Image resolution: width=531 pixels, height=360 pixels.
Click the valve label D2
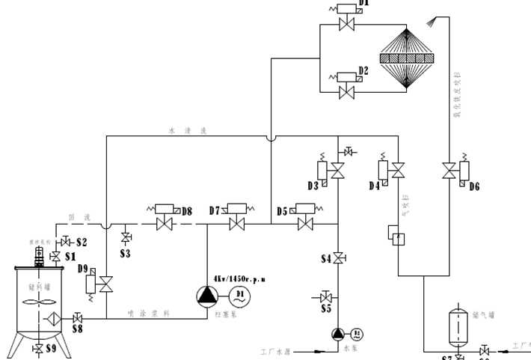(363, 70)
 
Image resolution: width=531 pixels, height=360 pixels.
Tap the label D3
(313, 185)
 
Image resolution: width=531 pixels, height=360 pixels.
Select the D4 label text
(374, 185)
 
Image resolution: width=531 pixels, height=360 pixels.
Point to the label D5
(282, 212)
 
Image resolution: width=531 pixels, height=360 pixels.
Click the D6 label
(474, 186)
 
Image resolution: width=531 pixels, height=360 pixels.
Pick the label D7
(216, 211)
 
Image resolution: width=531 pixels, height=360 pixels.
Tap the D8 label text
(186, 211)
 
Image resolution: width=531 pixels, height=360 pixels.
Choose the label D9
(82, 268)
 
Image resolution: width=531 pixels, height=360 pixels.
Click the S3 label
(125, 254)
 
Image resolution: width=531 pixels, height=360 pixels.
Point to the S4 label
(326, 259)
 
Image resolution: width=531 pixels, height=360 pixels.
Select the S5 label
(326, 308)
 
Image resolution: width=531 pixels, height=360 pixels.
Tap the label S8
(78, 329)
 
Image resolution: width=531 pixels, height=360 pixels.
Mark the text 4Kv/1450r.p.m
(239, 278)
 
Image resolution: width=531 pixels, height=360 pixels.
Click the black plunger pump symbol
(206, 296)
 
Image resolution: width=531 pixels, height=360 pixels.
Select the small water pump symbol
(337, 333)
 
